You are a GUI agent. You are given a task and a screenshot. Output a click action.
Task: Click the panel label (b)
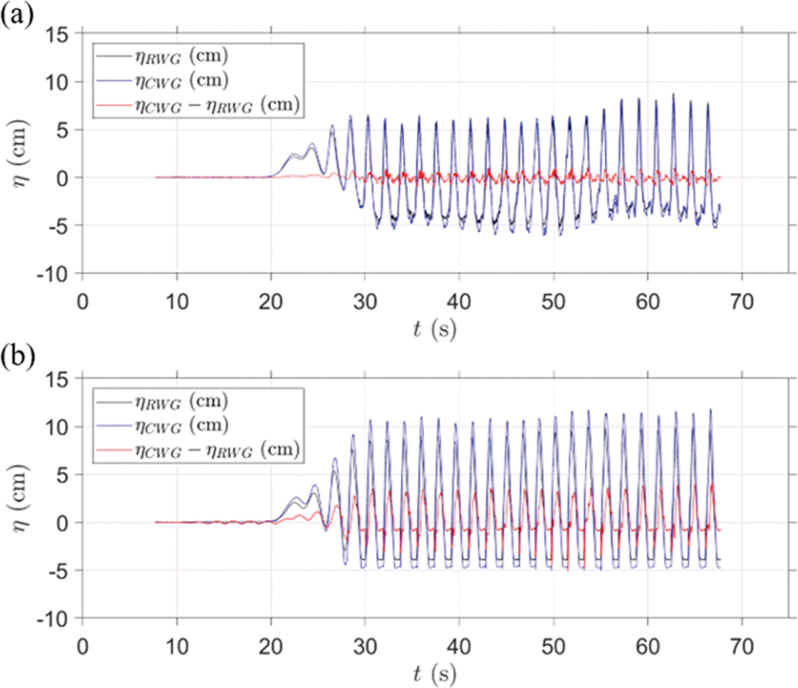click(x=18, y=356)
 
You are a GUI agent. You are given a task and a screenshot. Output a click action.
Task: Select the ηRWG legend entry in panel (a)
click(x=181, y=56)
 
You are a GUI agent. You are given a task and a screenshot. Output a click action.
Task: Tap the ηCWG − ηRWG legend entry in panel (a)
click(x=217, y=105)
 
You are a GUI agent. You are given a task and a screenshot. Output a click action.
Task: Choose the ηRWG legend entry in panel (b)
click(x=181, y=401)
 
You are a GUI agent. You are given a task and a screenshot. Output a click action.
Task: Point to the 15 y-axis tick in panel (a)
click(x=56, y=35)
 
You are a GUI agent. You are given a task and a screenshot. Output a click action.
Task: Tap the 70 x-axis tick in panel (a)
click(x=742, y=302)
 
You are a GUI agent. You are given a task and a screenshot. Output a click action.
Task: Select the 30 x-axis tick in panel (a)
click(x=365, y=302)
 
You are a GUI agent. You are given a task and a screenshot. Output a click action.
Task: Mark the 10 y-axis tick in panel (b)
click(x=56, y=428)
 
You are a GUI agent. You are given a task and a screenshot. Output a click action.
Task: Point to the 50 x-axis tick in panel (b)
click(x=553, y=647)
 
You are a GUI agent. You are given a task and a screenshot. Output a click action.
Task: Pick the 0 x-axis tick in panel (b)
click(x=82, y=647)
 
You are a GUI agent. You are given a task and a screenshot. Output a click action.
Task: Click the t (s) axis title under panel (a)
click(x=435, y=329)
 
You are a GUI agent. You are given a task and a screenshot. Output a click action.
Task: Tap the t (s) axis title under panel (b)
click(x=435, y=674)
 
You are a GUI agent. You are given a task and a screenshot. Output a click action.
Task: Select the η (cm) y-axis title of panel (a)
click(x=20, y=154)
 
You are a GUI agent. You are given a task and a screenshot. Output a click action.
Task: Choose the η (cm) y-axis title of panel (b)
click(x=20, y=498)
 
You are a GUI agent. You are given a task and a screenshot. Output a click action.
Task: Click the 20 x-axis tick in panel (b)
click(x=271, y=647)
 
